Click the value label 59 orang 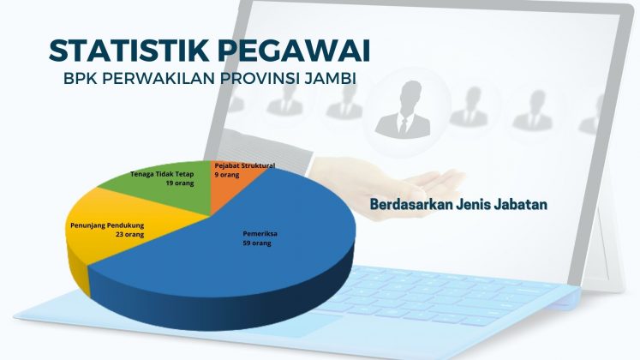click(257, 243)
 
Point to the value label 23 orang click(129, 235)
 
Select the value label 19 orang click(180, 183)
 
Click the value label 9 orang click(227, 175)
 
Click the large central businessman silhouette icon click(404, 110)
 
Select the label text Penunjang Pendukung click(107, 225)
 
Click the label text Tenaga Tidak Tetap click(162, 174)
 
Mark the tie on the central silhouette click(404, 125)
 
